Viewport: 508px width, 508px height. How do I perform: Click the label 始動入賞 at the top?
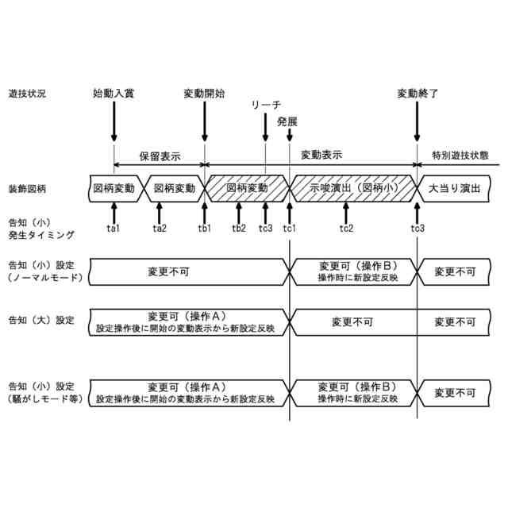pos(114,93)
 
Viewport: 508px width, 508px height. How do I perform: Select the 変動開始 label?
pos(205,93)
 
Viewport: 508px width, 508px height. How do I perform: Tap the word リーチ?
pos(266,106)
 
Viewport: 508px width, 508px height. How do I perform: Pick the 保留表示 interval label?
pos(160,156)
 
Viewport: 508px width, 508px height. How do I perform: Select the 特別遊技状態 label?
pos(460,156)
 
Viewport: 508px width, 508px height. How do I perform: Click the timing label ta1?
pos(114,229)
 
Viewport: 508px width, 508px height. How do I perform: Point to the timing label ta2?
pos(160,229)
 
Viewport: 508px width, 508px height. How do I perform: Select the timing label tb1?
pos(205,229)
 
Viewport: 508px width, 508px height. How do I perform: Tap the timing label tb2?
pos(238,229)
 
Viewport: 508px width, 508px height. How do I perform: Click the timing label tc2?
pos(346,229)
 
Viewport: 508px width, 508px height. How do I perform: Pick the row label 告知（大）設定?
pos(40,321)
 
